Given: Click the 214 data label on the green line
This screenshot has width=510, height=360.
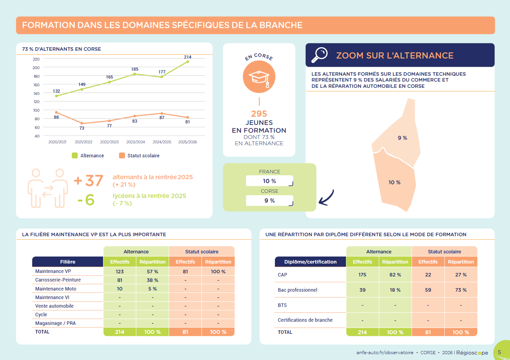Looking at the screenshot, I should (188, 57).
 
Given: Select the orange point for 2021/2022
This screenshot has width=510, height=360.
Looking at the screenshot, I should (82, 123).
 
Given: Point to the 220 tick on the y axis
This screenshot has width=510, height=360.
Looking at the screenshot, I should (36, 59).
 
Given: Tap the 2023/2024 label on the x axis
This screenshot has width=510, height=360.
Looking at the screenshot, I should (136, 142).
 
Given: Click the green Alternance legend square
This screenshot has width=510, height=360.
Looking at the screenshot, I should (75, 155).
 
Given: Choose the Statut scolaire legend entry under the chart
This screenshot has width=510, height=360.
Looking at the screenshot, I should (139, 155).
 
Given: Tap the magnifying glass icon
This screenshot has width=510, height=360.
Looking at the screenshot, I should (319, 55).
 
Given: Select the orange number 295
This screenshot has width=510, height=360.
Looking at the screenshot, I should (259, 114).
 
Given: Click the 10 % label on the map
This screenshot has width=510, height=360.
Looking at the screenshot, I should (394, 182).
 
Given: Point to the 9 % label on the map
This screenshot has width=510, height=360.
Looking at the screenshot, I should (402, 138).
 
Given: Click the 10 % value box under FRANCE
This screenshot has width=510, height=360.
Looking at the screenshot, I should (269, 181).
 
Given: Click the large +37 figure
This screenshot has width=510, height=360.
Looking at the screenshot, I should (89, 181).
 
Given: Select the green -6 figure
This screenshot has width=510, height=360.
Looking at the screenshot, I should (86, 200).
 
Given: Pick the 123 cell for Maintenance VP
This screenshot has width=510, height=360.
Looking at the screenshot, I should (119, 271).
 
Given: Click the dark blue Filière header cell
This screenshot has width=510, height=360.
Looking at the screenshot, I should (68, 262).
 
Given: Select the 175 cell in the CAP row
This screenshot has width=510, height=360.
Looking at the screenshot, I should (362, 274).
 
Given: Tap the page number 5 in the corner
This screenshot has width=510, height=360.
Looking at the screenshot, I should (499, 352).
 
